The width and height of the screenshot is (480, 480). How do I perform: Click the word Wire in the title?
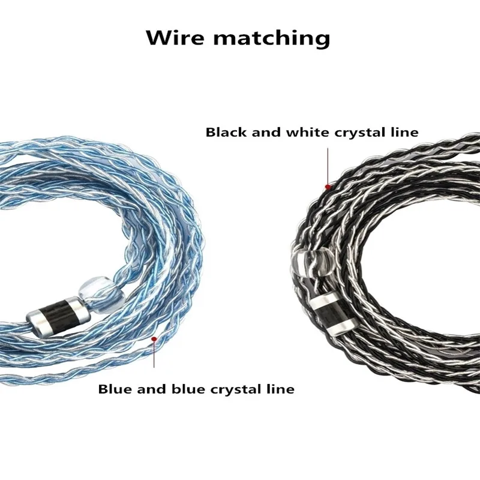(x=175, y=37)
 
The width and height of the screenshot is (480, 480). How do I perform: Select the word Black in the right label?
(x=226, y=132)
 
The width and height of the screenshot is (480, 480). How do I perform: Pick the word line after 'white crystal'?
(x=406, y=132)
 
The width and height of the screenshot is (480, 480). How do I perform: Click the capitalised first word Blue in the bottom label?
(x=115, y=389)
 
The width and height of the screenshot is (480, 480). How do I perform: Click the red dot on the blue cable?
(x=154, y=339)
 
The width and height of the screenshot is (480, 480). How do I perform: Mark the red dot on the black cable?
(x=328, y=187)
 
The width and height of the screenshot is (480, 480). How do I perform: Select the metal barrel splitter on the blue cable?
(x=58, y=317)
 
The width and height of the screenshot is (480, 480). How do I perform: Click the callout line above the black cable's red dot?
(x=328, y=166)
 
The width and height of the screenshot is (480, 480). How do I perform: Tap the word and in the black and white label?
(x=266, y=132)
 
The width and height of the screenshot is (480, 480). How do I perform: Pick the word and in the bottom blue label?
(x=152, y=389)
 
